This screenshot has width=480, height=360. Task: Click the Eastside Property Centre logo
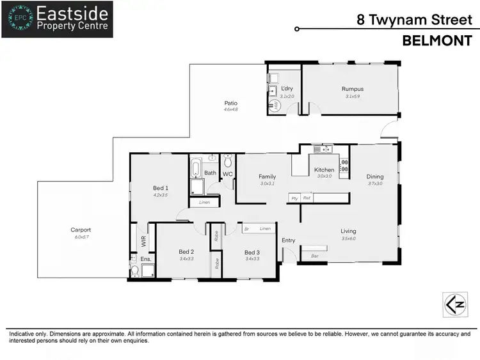57,19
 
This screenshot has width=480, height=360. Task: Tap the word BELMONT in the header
437,41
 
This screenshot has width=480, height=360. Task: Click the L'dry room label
287,89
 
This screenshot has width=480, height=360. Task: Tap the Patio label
230,102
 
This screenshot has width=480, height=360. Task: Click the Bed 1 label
160,187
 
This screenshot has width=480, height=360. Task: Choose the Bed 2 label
186,252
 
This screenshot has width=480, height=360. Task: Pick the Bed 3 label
252,252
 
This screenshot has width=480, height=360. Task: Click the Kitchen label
324,169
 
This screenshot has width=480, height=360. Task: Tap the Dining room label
375,176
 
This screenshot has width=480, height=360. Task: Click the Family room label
267,176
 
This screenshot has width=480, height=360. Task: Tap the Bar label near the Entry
314,256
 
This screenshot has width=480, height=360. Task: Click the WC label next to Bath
228,173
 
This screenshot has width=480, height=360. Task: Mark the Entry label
289,240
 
